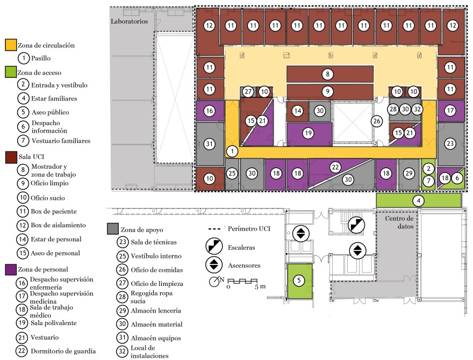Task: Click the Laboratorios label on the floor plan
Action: click(132, 21)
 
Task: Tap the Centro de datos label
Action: click(398, 222)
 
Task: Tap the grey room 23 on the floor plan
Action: click(450, 143)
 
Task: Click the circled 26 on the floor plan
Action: click(376, 121)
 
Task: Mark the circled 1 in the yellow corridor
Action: click(232, 151)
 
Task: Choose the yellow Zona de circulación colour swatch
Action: click(10, 46)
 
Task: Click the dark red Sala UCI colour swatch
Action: click(10, 157)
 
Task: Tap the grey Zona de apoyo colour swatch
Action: click(112, 227)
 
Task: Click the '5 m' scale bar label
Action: click(260, 286)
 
